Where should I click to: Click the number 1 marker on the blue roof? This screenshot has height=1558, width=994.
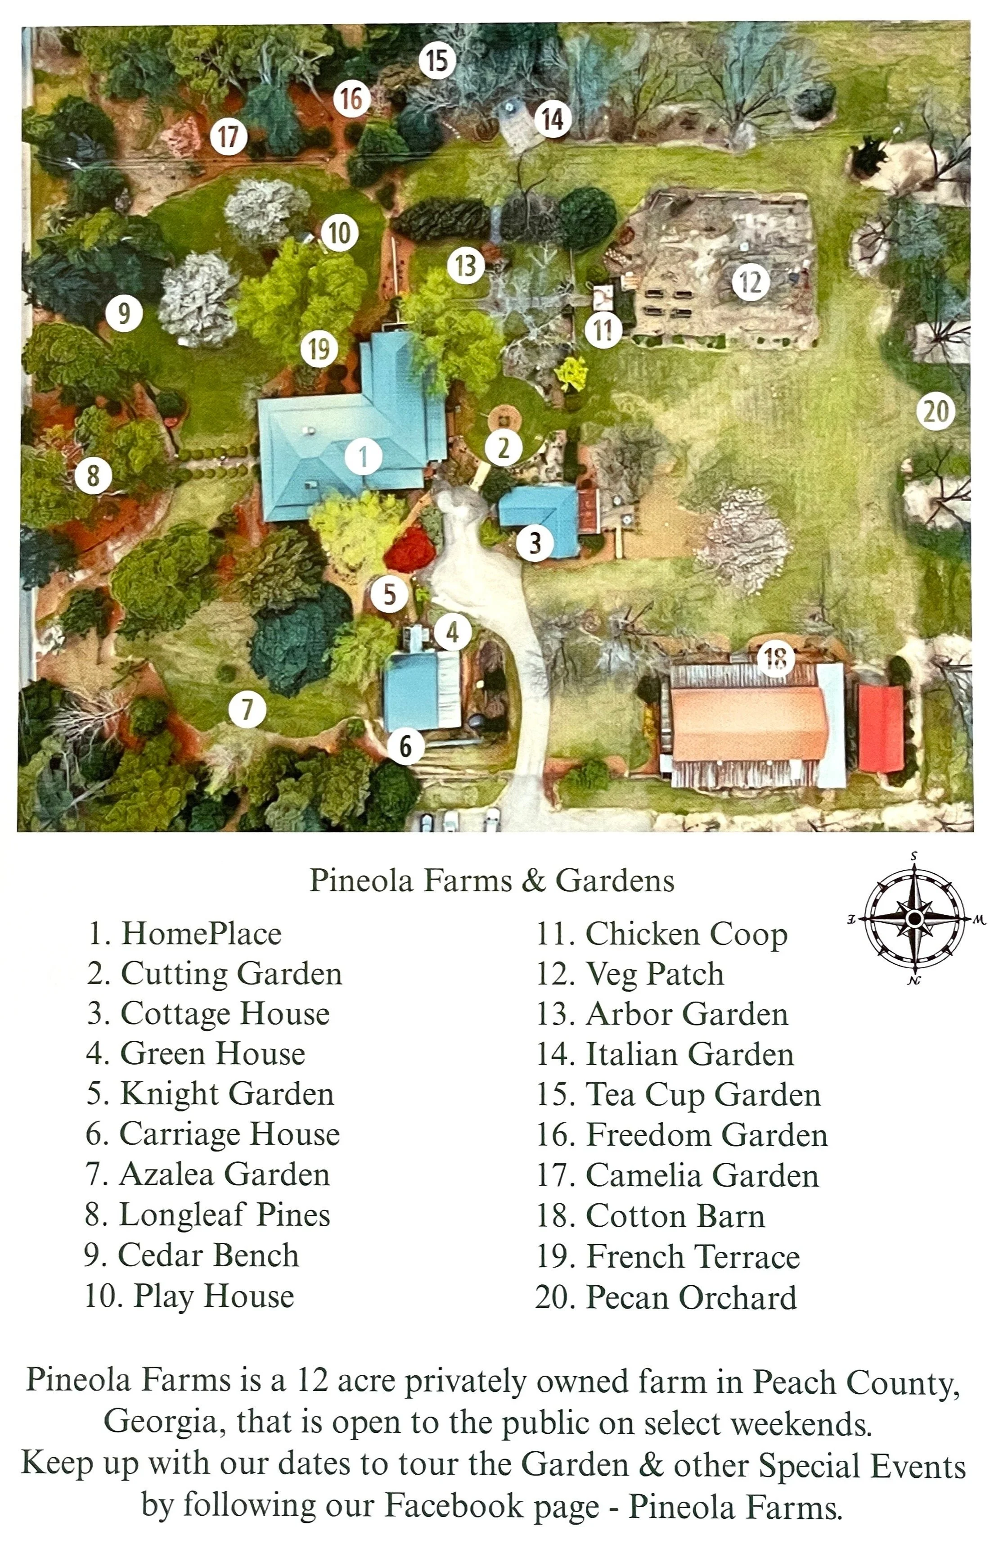coord(364,457)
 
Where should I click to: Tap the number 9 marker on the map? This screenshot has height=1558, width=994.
coord(124,314)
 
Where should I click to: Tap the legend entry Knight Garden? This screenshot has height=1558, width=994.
coord(210,1094)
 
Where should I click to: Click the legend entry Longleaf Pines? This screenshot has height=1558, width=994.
coord(207,1215)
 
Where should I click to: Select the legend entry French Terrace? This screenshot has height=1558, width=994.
coord(668,1256)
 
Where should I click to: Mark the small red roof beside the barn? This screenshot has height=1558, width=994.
coord(880,728)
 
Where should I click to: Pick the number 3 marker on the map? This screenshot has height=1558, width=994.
coord(534,542)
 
